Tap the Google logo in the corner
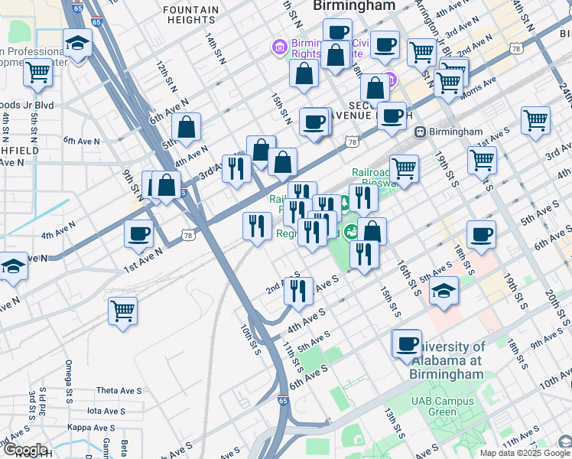point(25,450)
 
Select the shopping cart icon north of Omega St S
point(122,311)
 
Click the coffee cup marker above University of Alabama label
point(407,343)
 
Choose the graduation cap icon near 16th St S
point(444,290)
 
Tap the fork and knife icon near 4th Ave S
point(297,290)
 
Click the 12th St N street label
point(161,73)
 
